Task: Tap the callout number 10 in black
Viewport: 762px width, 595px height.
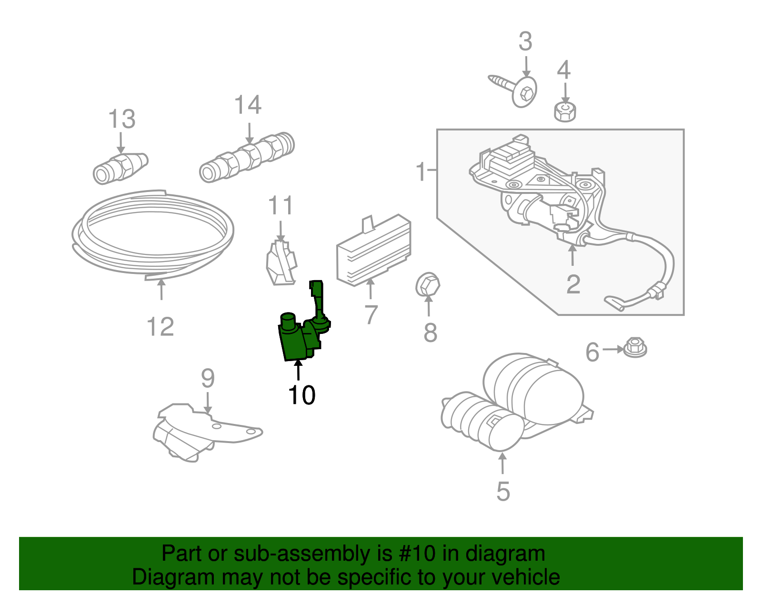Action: pyautogui.click(x=301, y=395)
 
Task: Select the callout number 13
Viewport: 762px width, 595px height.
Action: pyautogui.click(x=121, y=119)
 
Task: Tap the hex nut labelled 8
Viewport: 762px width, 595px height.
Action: pyautogui.click(x=427, y=285)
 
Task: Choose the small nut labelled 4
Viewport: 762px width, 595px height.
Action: pyautogui.click(x=565, y=112)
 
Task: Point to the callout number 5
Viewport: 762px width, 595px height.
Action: pyautogui.click(x=503, y=492)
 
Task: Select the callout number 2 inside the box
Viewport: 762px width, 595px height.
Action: pyautogui.click(x=573, y=285)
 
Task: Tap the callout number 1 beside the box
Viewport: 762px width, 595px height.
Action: pyautogui.click(x=421, y=171)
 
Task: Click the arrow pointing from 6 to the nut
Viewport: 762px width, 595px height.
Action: pyautogui.click(x=612, y=349)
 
